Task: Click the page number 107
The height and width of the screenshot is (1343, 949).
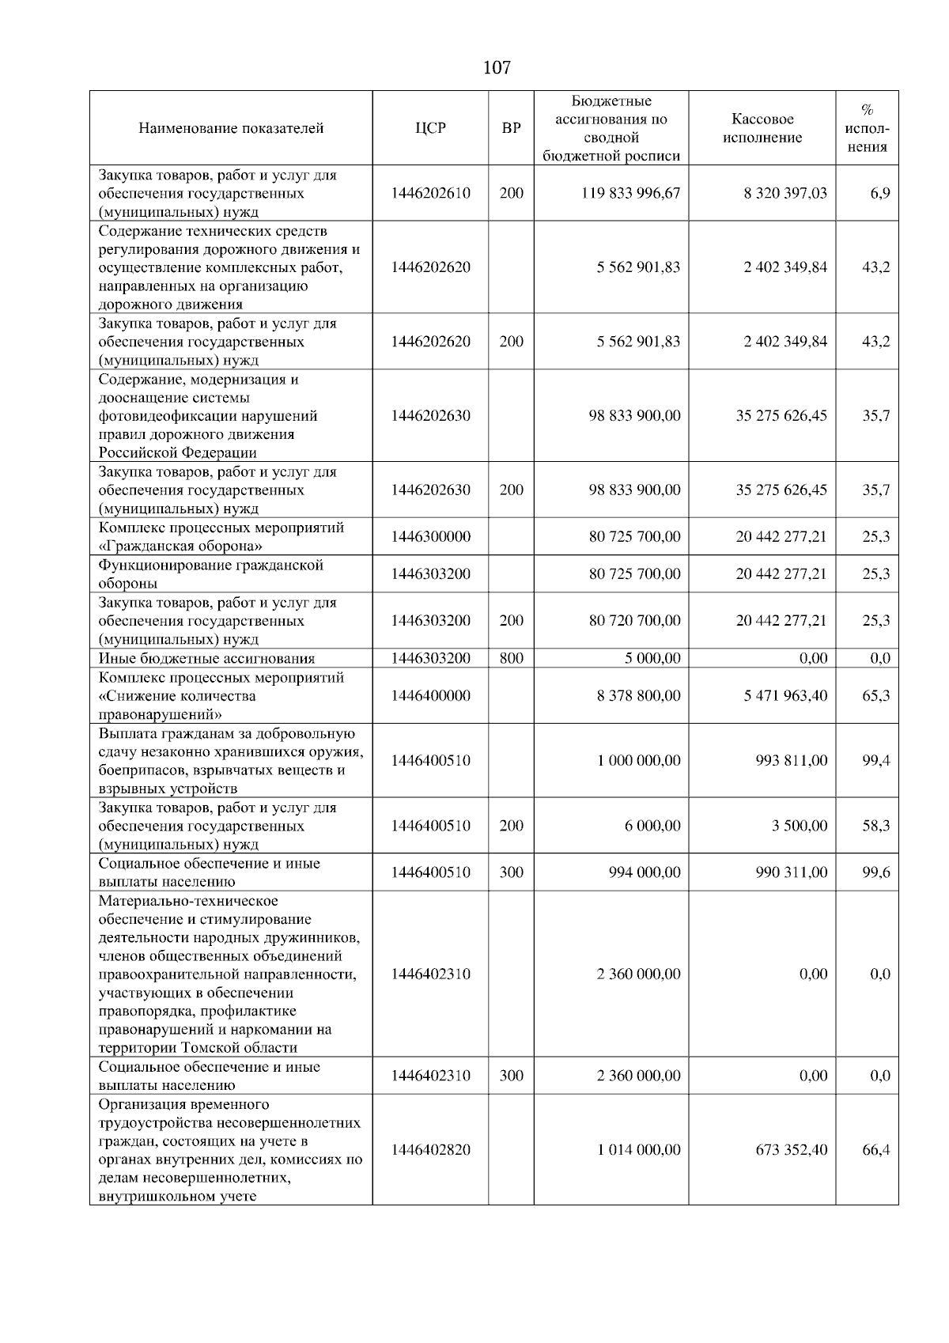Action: point(496,68)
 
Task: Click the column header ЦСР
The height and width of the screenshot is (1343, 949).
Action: point(430,128)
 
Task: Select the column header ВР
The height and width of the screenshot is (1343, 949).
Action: point(511,128)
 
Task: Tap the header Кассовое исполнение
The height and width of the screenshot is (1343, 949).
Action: point(762,128)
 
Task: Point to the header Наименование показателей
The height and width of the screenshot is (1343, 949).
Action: point(231,128)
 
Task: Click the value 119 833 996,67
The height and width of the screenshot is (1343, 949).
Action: point(630,193)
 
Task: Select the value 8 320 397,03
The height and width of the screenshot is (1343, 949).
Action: point(785,193)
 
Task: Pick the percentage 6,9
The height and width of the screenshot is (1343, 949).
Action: point(880,193)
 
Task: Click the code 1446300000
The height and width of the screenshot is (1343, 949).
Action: point(430,537)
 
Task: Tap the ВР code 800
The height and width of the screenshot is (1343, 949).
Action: point(511,659)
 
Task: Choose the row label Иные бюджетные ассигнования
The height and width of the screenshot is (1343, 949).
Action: point(206,659)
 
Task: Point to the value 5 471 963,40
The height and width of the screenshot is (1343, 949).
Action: point(785,696)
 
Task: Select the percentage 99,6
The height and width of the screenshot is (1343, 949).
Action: point(876,872)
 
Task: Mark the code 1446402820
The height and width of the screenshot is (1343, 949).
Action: point(430,1150)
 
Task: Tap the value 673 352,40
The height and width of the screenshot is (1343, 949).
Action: point(791,1150)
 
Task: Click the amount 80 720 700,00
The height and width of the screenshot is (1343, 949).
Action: point(634,621)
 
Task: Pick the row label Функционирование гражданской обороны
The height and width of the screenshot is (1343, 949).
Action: point(211,574)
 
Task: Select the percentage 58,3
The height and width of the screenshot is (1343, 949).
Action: point(876,826)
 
